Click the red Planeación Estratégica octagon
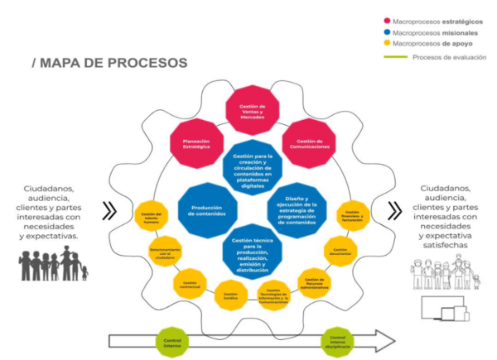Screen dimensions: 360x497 tap(195, 140)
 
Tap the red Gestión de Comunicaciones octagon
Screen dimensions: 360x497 tap(307, 140)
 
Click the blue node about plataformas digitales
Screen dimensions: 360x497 tap(253, 166)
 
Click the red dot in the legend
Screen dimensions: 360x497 tap(387, 21)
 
